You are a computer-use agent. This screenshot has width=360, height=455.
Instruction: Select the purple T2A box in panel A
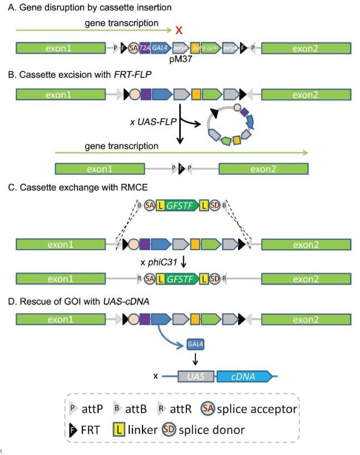[x=145, y=49]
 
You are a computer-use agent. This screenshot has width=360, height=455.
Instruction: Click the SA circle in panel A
[x=134, y=49]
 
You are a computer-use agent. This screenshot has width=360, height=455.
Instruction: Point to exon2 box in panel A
[x=305, y=49]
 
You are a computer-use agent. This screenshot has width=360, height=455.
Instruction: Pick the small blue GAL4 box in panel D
[x=195, y=345]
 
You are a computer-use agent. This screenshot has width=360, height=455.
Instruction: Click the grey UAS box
[x=196, y=378]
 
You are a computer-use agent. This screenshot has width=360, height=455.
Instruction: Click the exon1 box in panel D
[x=62, y=319]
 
